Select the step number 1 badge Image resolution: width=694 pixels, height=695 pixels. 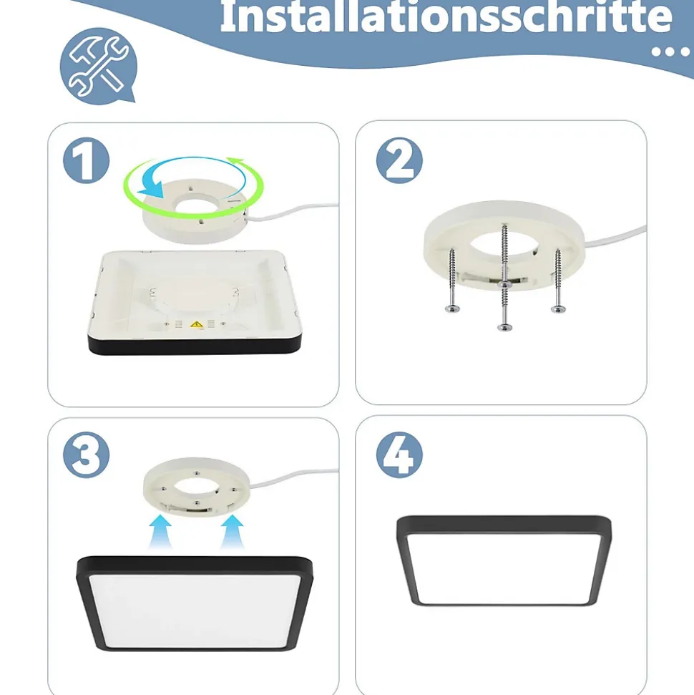(x=86, y=160)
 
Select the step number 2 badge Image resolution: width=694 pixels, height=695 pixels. (x=399, y=160)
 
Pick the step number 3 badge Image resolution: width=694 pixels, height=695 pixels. (x=86, y=455)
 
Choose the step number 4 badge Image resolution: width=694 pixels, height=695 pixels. (x=399, y=455)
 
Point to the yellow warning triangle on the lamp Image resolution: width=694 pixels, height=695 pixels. (x=197, y=324)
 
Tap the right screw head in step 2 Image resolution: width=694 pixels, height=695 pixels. (x=558, y=308)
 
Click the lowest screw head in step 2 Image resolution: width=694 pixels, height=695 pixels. (x=505, y=328)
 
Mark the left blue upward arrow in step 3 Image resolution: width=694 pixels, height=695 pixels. (x=160, y=531)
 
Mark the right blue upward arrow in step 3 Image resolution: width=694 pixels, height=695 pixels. (x=233, y=531)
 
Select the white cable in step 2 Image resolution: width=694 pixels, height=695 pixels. (x=616, y=235)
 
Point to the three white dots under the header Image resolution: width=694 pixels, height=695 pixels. (x=670, y=52)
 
